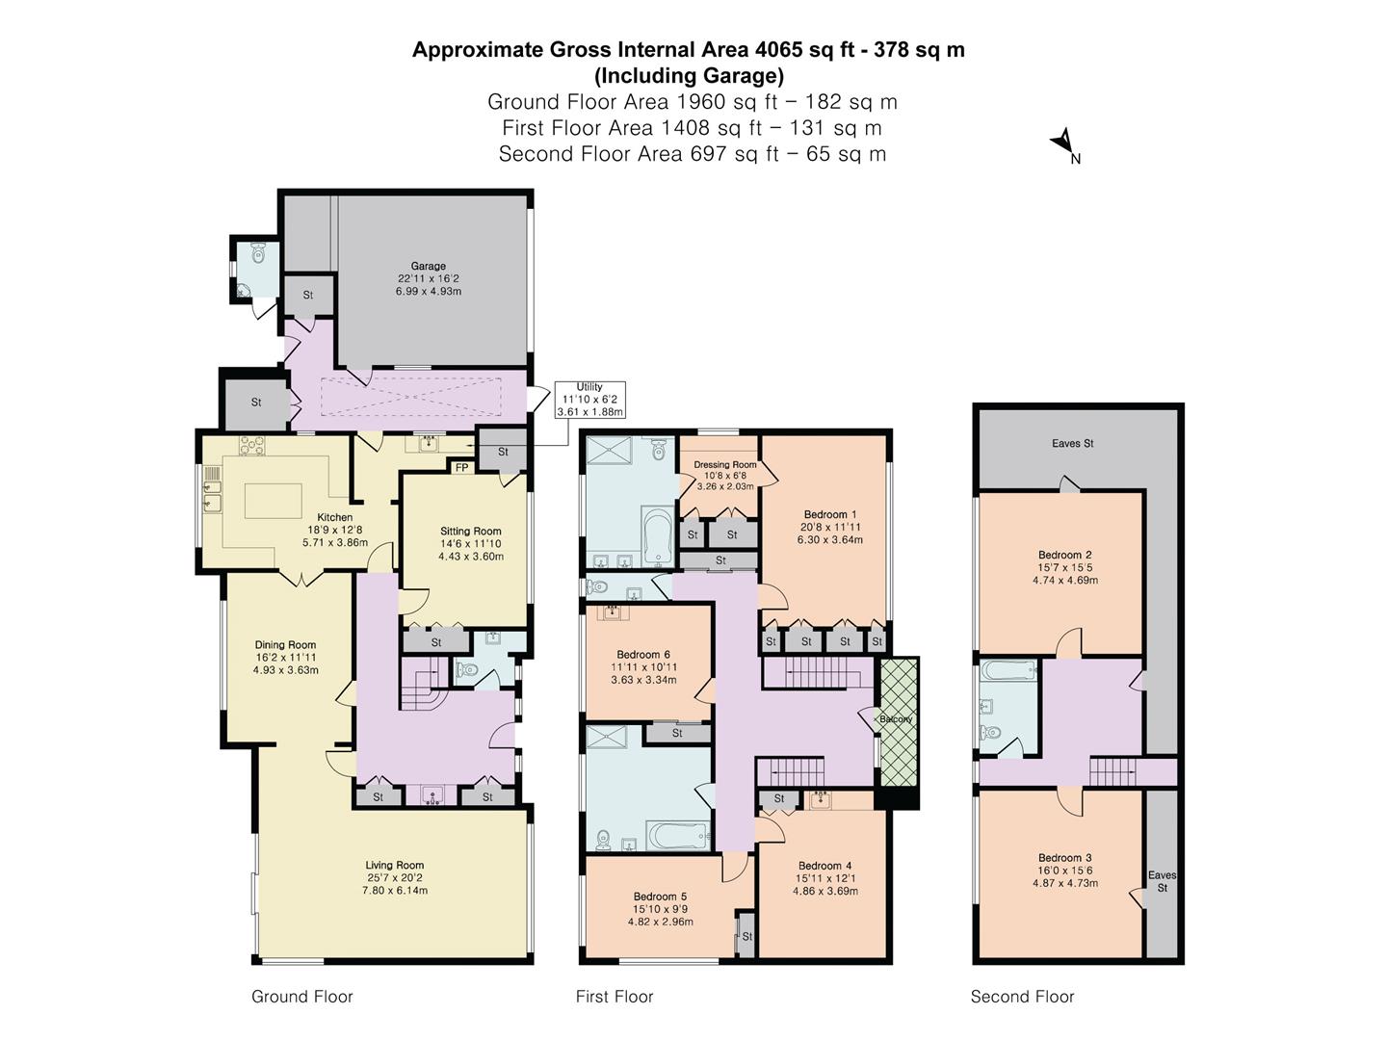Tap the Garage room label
tap(429, 267)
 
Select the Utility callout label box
tap(589, 400)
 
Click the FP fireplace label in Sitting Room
tap(462, 468)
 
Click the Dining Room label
tap(285, 645)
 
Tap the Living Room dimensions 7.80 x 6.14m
tap(395, 891)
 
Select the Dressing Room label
tap(725, 465)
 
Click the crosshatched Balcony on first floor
tap(899, 717)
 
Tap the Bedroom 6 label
tap(643, 655)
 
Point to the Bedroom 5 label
tap(660, 897)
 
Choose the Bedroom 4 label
tap(824, 866)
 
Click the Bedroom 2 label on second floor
tap(1064, 555)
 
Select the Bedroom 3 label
tap(1064, 858)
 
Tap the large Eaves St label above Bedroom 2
tap(1072, 444)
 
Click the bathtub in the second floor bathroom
tap(1008, 669)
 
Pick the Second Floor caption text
tap(1022, 997)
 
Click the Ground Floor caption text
tap(301, 997)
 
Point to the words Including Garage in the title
tap(689, 75)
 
